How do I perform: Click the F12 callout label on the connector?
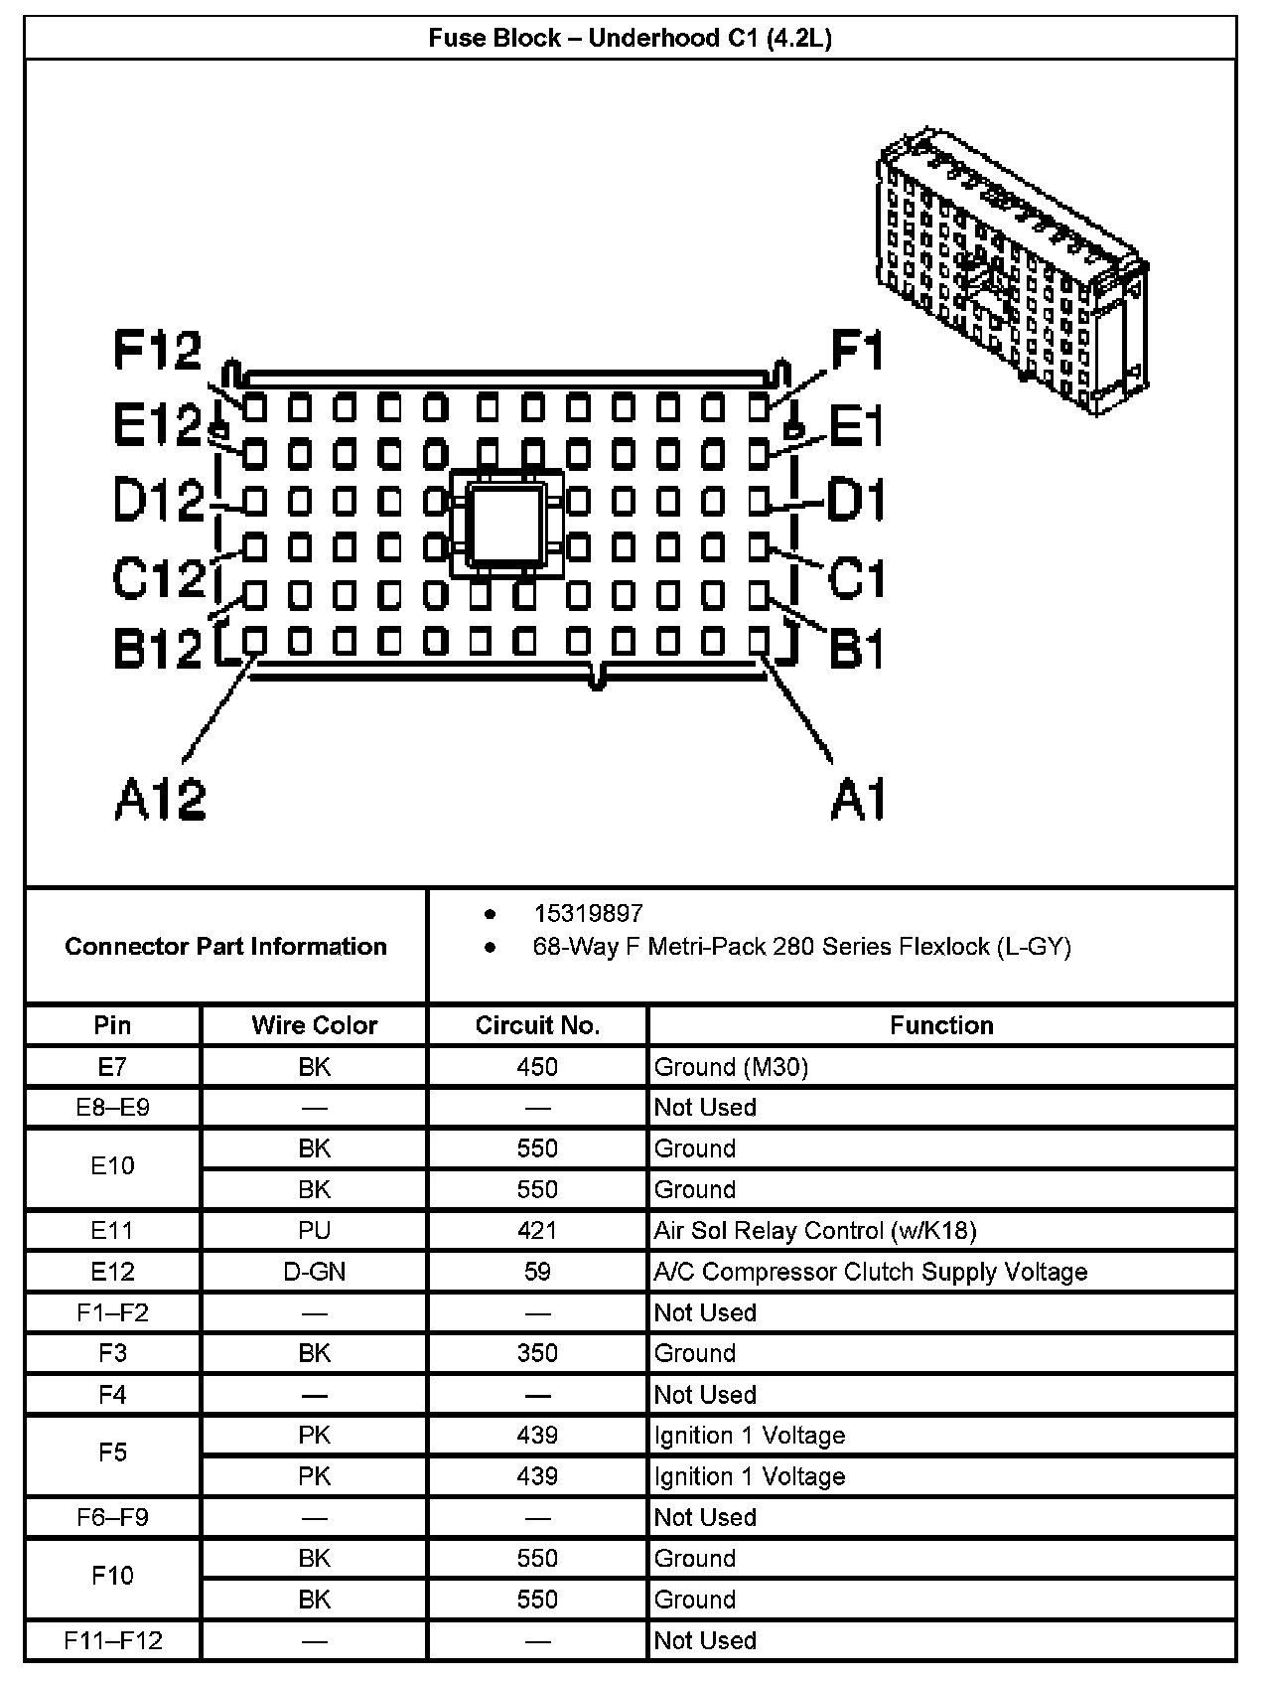(x=157, y=350)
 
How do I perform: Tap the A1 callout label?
(x=857, y=799)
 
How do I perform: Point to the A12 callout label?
(x=160, y=799)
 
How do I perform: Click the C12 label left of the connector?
(x=158, y=577)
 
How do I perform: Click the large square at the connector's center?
(x=507, y=523)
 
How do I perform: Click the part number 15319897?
(x=588, y=913)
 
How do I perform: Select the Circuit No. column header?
(x=537, y=1025)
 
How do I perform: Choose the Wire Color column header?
(x=314, y=1025)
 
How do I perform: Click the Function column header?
(x=941, y=1025)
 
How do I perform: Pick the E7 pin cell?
(x=112, y=1067)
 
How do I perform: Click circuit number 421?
(x=537, y=1231)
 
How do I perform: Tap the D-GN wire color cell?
(x=314, y=1272)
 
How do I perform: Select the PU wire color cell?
(x=314, y=1231)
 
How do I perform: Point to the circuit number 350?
(x=537, y=1353)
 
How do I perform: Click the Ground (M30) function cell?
(x=731, y=1067)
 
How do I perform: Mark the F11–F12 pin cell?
(x=112, y=1640)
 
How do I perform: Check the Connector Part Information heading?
(x=225, y=946)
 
